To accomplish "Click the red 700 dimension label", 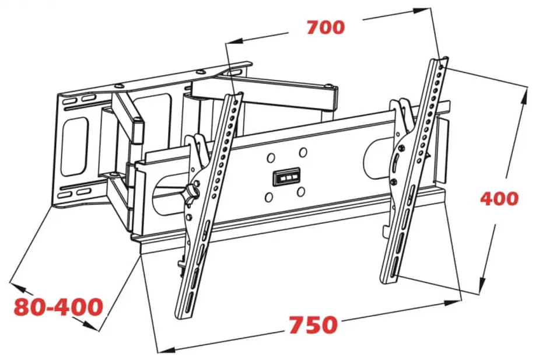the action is pyautogui.click(x=325, y=27).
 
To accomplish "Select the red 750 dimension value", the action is pyautogui.click(x=313, y=324).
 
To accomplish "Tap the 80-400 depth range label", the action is pyautogui.click(x=58, y=306).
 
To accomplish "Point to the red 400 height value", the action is pyautogui.click(x=499, y=198).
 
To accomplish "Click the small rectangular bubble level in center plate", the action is pyautogui.click(x=286, y=177).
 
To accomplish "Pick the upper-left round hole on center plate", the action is pyautogui.click(x=271, y=158).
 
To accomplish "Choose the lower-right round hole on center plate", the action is pyautogui.click(x=301, y=192).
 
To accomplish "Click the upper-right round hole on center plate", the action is pyautogui.click(x=303, y=152).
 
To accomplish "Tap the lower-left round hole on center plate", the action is pyautogui.click(x=269, y=197).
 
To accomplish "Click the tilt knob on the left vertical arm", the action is pyautogui.click(x=193, y=188).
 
